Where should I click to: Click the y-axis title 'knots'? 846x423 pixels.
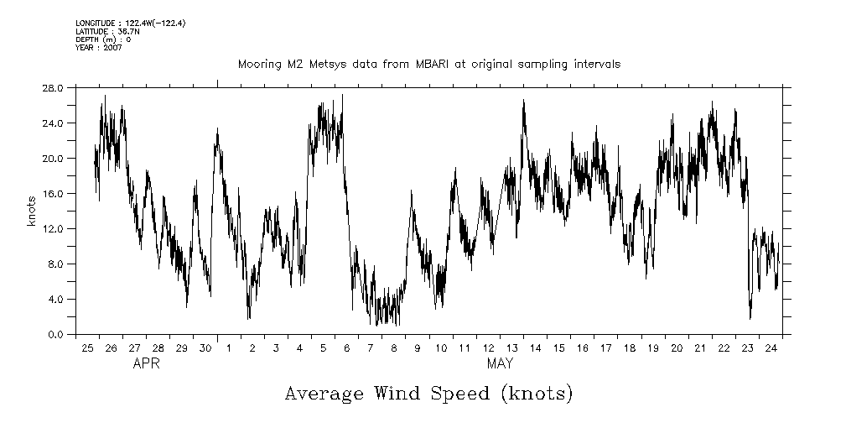coord(31,211)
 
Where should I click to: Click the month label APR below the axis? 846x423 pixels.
coord(146,364)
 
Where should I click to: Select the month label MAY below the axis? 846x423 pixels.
coord(500,364)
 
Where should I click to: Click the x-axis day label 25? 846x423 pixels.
coord(87,347)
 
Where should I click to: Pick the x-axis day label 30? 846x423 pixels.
coord(205,347)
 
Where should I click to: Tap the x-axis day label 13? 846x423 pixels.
coord(511,347)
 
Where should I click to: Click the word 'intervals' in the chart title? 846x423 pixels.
coord(596,65)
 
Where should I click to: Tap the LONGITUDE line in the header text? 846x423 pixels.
coord(130,23)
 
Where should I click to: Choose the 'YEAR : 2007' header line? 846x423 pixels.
coord(98,47)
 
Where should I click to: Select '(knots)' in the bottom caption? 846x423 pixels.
coord(534,393)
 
